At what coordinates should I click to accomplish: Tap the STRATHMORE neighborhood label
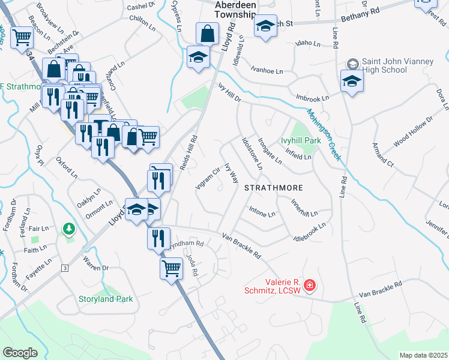click(x=273, y=188)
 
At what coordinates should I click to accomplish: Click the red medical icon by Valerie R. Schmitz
click(x=309, y=286)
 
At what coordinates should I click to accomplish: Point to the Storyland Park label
click(x=106, y=299)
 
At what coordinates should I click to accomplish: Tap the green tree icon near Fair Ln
click(x=70, y=229)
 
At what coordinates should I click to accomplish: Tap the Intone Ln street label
click(x=262, y=213)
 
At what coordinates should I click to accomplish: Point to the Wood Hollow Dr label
click(x=413, y=133)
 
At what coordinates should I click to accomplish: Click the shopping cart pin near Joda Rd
click(x=171, y=268)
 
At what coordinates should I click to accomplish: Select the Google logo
click(x=20, y=353)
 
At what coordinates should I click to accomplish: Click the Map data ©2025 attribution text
click(x=423, y=355)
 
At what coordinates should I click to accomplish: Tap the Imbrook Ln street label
click(x=312, y=98)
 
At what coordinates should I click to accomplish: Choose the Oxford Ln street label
click(x=67, y=168)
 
